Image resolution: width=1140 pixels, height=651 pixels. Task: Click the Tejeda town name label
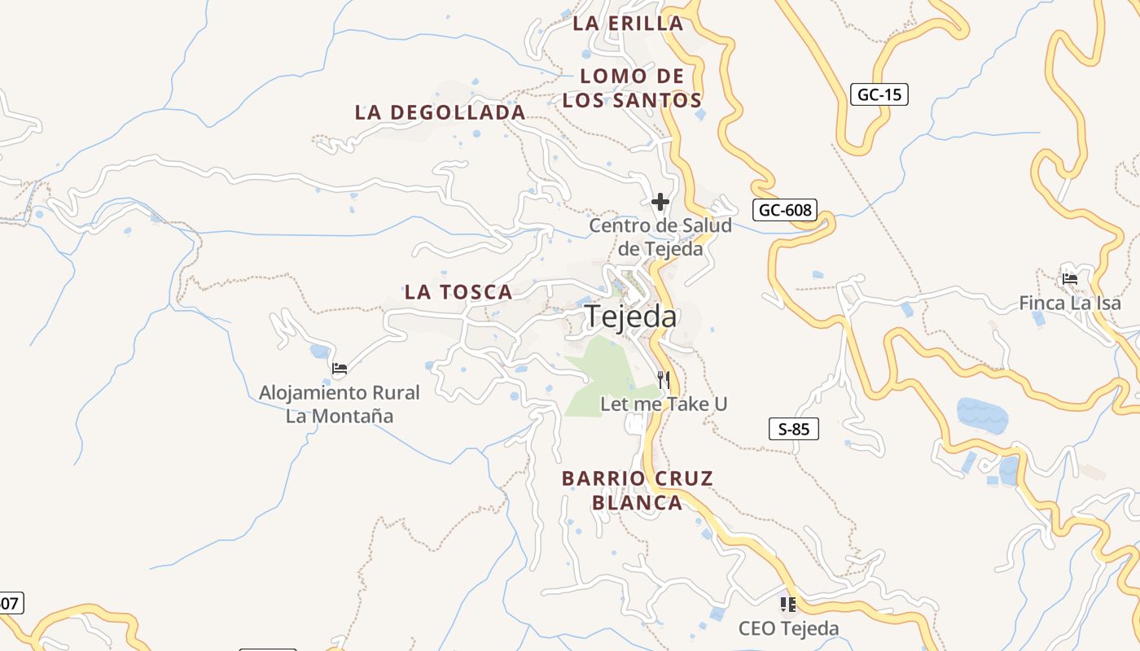coord(631,317)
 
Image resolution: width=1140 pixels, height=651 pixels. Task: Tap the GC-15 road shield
coord(880,94)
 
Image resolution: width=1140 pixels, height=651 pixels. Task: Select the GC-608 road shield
coord(785,210)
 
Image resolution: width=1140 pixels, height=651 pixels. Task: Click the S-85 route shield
coord(794,429)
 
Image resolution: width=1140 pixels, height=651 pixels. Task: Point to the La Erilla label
coord(628,23)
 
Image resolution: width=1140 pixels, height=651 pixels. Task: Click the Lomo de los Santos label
coord(632,89)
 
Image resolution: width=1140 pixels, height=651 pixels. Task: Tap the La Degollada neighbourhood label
coord(440,112)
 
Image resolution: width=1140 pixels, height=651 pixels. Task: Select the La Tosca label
coord(458,292)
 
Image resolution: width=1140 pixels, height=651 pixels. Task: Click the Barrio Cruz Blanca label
coord(638,491)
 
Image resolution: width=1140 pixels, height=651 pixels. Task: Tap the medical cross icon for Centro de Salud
coord(660,201)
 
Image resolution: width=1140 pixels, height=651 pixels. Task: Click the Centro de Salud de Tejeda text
coord(660,237)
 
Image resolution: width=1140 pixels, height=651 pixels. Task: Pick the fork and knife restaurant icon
coord(664,379)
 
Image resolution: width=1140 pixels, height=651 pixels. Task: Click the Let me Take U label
coord(664,404)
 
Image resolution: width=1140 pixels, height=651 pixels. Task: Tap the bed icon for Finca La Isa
coord(1070,279)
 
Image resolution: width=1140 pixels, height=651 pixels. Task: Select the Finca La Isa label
coord(1070,304)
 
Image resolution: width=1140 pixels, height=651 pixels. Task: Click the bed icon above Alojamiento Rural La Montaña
coord(340,369)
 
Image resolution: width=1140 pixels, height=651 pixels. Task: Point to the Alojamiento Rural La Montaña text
coord(340,404)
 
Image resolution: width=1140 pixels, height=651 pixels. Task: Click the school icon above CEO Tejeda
coord(788,604)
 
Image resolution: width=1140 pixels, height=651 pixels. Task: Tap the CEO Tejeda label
coord(788,628)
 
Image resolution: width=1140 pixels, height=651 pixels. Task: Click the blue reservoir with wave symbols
coord(982,415)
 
